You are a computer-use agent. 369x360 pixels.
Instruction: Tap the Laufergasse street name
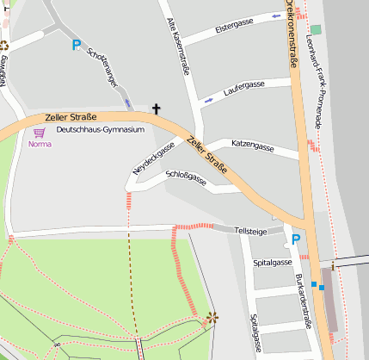pyautogui.click(x=243, y=86)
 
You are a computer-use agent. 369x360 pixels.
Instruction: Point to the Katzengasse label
pyautogui.click(x=253, y=146)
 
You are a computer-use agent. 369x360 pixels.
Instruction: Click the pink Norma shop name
pyautogui.click(x=40, y=144)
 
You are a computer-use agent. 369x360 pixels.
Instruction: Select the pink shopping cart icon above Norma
pyautogui.click(x=39, y=133)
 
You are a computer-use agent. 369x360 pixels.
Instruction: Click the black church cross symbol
pyautogui.click(x=157, y=109)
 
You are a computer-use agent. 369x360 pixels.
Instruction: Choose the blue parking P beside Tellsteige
pyautogui.click(x=295, y=239)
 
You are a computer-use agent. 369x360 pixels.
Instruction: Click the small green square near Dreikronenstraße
pyautogui.click(x=316, y=30)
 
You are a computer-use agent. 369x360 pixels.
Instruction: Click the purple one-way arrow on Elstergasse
pyautogui.click(x=275, y=16)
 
